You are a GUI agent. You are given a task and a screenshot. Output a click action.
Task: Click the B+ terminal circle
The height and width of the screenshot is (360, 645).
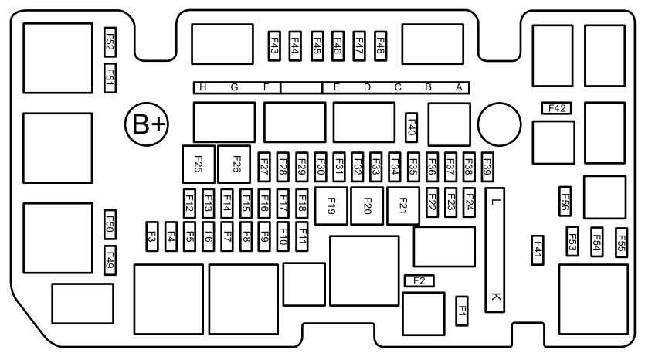pos(147,124)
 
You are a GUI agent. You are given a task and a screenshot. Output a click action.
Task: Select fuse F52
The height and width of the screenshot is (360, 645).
pos(110,42)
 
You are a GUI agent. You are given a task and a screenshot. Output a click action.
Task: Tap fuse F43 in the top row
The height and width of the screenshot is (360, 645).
pos(274,46)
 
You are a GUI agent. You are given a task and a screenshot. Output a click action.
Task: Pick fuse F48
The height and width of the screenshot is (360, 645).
pos(381,46)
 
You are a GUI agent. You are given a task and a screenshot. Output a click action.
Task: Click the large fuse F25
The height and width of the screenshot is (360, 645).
pos(199,164)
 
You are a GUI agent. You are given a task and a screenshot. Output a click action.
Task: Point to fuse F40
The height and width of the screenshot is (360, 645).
pos(412,127)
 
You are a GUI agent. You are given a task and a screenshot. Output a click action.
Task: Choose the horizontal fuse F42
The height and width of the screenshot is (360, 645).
pos(557,108)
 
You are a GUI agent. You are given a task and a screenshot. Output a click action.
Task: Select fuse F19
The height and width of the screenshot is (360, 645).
pos(331,205)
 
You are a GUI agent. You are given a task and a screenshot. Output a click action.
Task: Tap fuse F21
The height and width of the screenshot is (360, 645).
pos(403,205)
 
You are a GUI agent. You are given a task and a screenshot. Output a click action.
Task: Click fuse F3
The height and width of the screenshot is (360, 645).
pos(152,236)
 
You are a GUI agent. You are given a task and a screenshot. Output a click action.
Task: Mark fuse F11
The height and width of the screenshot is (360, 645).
pos(302,236)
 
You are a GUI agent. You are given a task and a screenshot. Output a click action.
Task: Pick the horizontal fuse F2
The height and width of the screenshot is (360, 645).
pos(419,280)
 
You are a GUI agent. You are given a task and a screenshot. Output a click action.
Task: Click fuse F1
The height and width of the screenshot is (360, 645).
pos(462,311)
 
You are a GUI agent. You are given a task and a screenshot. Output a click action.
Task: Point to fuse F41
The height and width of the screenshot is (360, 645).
pos(538,250)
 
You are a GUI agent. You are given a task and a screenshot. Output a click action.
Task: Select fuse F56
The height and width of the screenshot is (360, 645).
pos(565,201)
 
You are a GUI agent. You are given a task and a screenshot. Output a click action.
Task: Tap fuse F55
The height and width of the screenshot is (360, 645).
pos(622,243)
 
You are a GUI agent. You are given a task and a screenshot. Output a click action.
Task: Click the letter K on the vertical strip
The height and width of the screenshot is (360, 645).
pos(496,296)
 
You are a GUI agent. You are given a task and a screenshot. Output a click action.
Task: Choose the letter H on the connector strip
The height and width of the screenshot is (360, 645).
pos(203,87)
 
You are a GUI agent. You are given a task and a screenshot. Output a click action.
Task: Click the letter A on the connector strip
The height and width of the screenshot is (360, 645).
pos(459,87)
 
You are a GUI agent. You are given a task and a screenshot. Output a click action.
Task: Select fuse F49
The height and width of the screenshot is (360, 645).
pos(110,260)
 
